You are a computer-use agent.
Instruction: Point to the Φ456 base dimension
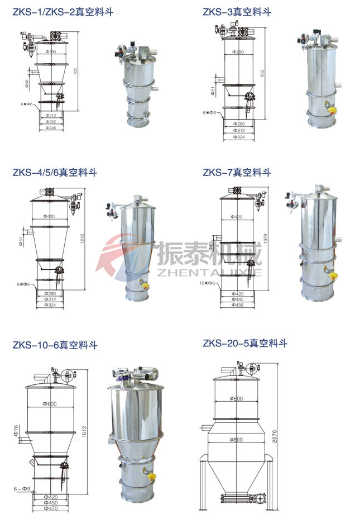(x=238, y=305)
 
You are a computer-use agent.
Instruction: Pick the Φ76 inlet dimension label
(x=17, y=430)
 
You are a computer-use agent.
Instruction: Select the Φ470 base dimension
(x=51, y=510)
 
